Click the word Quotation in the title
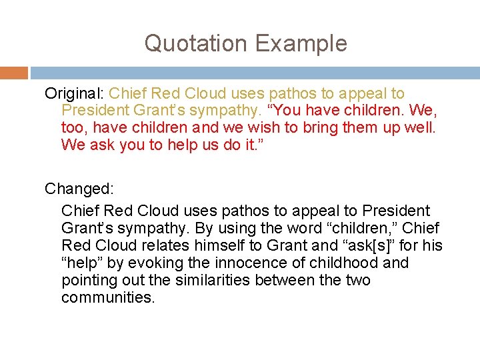tap(193, 44)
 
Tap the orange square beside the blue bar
tap(13, 73)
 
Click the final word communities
tap(108, 297)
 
